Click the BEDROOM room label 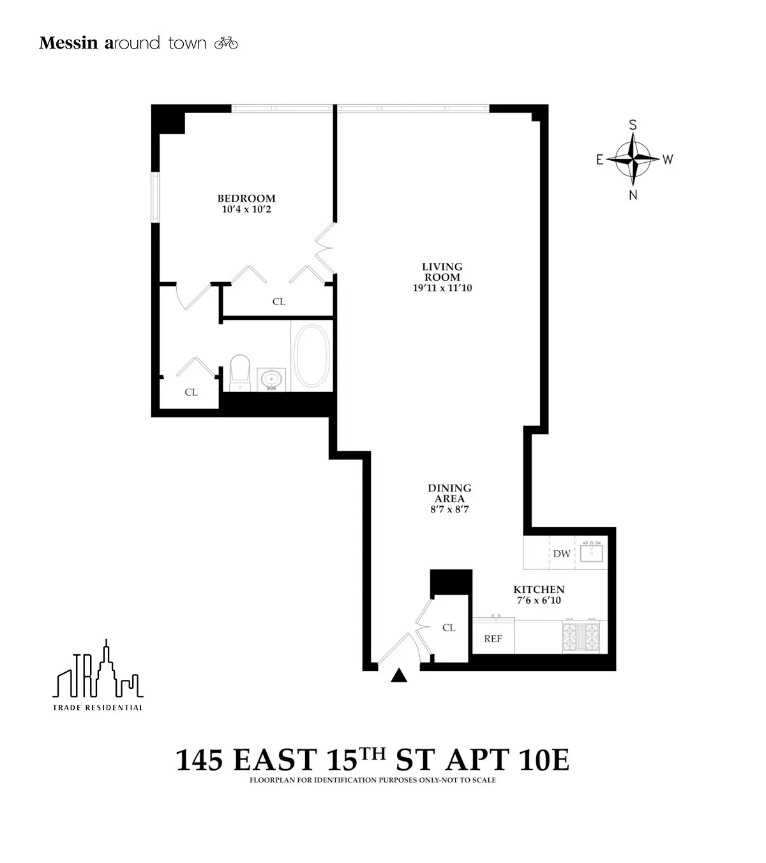tap(246, 199)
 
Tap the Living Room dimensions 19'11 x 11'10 tap(442, 288)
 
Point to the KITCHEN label tap(539, 590)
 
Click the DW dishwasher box tap(562, 553)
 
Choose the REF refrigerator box tap(493, 638)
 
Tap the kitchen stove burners tap(580, 636)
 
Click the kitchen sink tap(592, 552)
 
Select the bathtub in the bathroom tap(312, 356)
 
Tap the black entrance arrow tap(399, 676)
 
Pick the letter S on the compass tap(633, 125)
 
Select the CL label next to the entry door tap(449, 627)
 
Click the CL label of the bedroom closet tap(279, 301)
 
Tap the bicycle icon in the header tap(226, 43)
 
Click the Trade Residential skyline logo tap(98, 670)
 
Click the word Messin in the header tap(68, 43)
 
